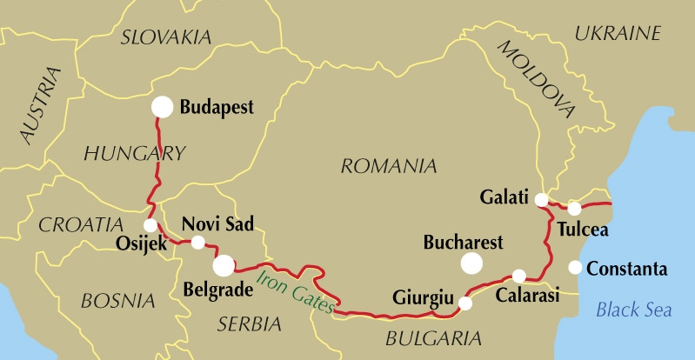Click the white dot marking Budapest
pos(162,107)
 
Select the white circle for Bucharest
pos(472,263)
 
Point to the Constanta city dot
pos(575,267)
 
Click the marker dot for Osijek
pos(150,225)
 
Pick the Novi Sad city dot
pos(198,243)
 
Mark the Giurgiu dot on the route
pos(465,303)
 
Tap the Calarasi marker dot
pos(519,277)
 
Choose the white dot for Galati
pos(541,199)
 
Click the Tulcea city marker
pos(574,208)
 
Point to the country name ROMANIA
pos(388,165)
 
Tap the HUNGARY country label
pos(134,154)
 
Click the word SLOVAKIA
pos(166,37)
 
